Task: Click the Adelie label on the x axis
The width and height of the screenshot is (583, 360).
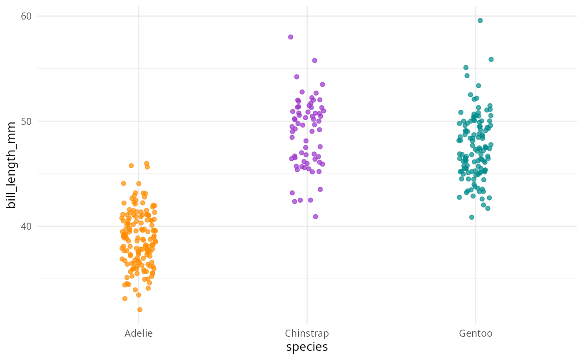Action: (x=139, y=333)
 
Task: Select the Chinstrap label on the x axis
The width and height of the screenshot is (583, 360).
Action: (x=307, y=333)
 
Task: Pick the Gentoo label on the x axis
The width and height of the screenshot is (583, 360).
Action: (x=476, y=333)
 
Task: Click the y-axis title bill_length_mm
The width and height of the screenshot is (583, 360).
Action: (x=11, y=165)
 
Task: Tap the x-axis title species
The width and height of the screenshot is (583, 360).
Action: (x=307, y=347)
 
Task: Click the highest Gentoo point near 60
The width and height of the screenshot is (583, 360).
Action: (x=480, y=20)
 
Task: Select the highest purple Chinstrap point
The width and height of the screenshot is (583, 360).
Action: (x=291, y=37)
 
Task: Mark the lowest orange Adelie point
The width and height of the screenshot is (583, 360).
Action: (x=140, y=310)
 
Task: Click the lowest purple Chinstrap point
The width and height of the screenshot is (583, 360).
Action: (x=315, y=216)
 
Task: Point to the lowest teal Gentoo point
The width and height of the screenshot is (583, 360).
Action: (x=472, y=217)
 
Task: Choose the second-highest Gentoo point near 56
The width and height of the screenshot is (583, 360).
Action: (x=491, y=60)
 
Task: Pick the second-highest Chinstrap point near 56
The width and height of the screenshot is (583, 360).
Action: (x=315, y=60)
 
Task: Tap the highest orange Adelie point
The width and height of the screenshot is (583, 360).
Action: (x=147, y=164)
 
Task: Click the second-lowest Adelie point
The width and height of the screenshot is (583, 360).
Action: (x=125, y=298)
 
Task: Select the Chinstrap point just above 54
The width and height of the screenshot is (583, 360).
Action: (x=297, y=77)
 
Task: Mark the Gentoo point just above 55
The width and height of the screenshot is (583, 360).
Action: (x=466, y=67)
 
